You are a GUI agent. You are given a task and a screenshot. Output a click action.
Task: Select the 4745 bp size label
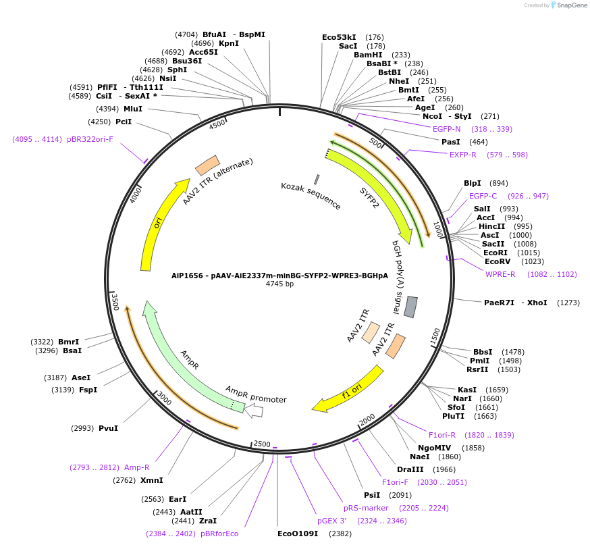tap(279, 284)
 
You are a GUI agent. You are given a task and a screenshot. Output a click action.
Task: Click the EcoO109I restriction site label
tap(298, 534)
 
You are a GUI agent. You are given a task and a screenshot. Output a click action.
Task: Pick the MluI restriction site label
tap(133, 109)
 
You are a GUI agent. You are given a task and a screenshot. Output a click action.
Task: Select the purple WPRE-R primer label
tap(500, 274)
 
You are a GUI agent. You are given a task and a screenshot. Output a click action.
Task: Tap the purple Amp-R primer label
tap(137, 467)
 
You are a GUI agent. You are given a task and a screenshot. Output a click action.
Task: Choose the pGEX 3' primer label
tap(332, 521)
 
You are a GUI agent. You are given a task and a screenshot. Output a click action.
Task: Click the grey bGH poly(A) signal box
tap(410, 307)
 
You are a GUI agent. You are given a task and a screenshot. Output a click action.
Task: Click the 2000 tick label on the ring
tap(367, 420)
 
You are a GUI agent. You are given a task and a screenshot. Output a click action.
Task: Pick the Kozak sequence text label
tap(311, 195)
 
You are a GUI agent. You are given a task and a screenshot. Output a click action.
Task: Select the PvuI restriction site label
tap(108, 428)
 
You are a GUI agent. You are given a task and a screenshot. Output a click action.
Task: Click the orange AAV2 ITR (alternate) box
tap(207, 165)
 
